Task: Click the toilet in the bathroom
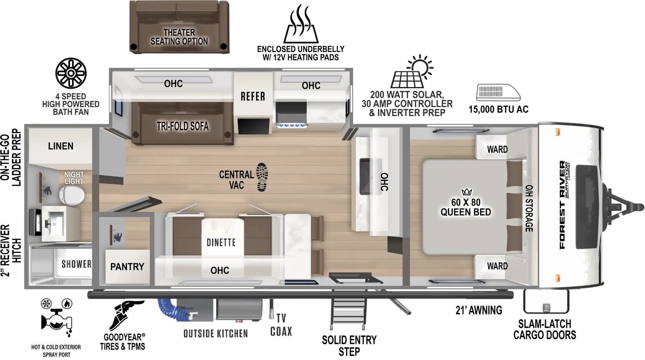click(x=72, y=196)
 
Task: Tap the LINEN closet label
click(x=60, y=146)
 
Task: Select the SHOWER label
click(x=76, y=264)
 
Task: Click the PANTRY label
click(x=127, y=266)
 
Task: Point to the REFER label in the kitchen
click(x=253, y=96)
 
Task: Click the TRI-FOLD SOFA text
click(x=183, y=126)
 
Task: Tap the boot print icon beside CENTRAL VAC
click(x=262, y=177)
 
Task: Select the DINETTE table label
click(x=221, y=242)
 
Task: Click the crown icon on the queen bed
click(x=466, y=192)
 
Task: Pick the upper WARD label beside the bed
click(x=497, y=149)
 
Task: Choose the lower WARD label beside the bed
click(x=497, y=266)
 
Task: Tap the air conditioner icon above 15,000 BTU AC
click(x=498, y=92)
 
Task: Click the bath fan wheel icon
click(x=71, y=73)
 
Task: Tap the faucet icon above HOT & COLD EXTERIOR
click(x=57, y=319)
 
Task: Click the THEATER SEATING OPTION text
click(x=179, y=37)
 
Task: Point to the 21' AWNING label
click(x=479, y=310)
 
